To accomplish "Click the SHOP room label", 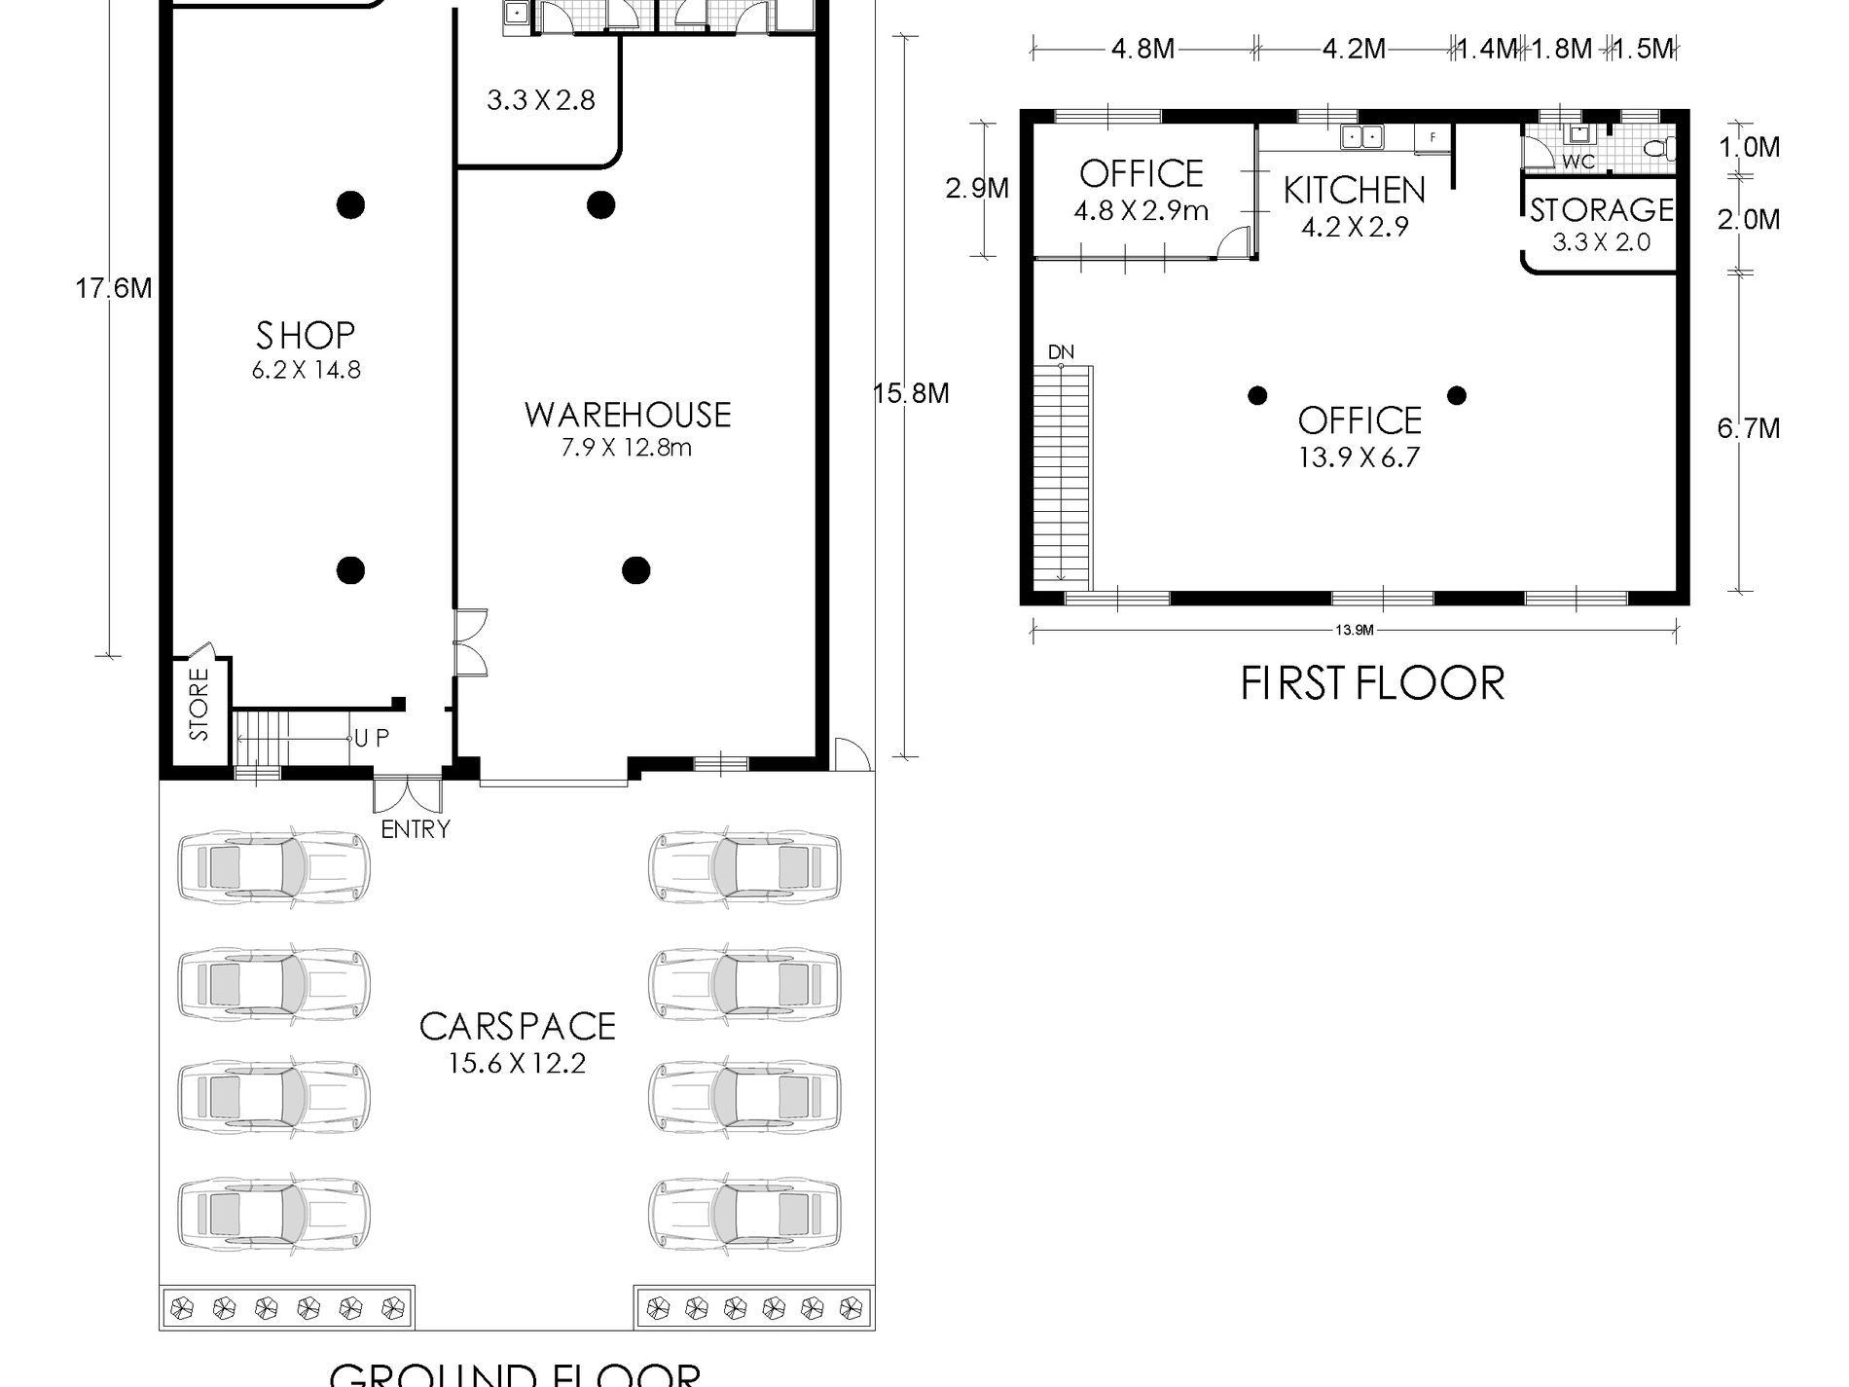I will point(306,337).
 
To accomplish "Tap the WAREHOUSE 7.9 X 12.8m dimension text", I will point(628,449).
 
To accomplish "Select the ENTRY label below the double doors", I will point(416,829).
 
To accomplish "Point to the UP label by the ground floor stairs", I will point(372,739).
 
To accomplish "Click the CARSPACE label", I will point(517,1027).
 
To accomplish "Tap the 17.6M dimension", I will point(114,289).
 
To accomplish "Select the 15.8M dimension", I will point(911,393).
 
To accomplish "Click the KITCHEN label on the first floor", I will point(1354,191).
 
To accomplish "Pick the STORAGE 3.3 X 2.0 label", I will point(1601,224).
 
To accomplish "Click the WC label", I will point(1578,162).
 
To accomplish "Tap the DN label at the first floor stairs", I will point(1061,351).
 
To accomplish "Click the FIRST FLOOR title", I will point(1372,683).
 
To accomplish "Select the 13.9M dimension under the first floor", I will point(1354,630).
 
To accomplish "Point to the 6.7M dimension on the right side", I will point(1748,428).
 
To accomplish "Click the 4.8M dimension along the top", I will point(1142,49).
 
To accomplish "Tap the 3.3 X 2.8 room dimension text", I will point(540,100).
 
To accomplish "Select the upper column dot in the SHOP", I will point(350,204).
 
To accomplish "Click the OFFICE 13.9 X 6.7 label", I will point(1360,437).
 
